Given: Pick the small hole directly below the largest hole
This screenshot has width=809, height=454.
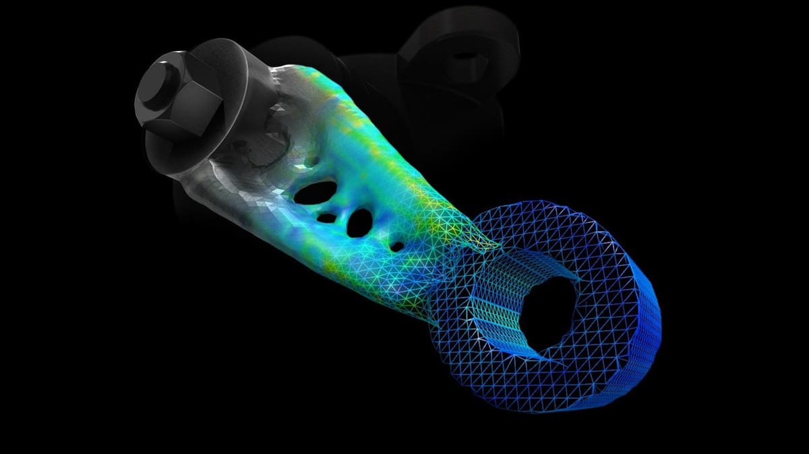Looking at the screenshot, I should pos(326,218).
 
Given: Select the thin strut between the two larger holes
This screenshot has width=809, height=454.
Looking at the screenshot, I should pos(340,205).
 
